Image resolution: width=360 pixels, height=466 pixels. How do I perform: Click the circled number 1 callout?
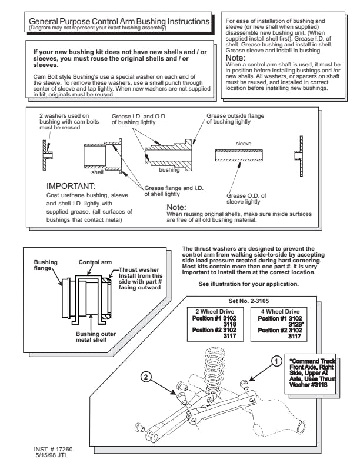click(x=276, y=361)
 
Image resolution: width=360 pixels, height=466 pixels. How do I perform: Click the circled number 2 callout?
click(x=145, y=377)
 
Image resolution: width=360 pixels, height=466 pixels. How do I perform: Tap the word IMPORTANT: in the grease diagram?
click(x=71, y=187)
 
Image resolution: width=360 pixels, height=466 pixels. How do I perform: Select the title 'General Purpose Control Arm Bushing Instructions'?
click(x=119, y=21)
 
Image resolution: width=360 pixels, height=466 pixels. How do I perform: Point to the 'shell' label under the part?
click(x=97, y=172)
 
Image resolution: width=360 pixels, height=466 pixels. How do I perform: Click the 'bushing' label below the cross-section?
click(x=169, y=170)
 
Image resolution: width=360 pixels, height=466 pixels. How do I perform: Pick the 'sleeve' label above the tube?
click(x=244, y=144)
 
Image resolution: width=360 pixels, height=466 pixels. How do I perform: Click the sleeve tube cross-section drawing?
click(x=239, y=155)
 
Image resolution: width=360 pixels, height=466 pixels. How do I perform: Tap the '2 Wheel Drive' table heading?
click(x=215, y=312)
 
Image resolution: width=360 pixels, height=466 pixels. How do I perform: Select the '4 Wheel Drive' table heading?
click(x=280, y=312)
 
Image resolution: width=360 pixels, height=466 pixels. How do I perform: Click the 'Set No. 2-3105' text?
click(x=249, y=301)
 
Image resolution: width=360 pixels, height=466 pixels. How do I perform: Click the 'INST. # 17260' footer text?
click(x=53, y=450)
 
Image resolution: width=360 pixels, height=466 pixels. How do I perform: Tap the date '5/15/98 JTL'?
click(x=52, y=455)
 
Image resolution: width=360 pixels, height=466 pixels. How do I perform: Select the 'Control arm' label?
click(x=95, y=262)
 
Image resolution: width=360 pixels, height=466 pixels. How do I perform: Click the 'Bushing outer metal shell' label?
click(x=96, y=337)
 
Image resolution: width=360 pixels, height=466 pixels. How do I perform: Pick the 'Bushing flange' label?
click(x=45, y=265)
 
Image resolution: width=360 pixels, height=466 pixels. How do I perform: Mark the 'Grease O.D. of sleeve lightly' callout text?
click(x=246, y=198)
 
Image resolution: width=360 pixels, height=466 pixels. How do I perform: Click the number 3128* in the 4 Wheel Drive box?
click(x=296, y=325)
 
